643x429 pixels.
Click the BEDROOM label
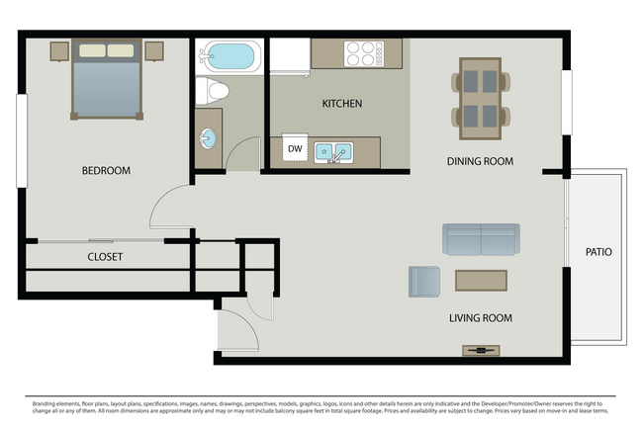pos(106,170)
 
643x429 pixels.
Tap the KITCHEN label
pos(342,103)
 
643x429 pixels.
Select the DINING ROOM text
pos(480,161)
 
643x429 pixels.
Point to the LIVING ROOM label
pos(480,317)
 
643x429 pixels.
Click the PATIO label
pos(598,252)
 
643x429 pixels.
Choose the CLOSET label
pos(105,257)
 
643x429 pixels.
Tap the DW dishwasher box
pos(294,149)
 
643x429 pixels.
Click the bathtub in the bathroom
pos(229,54)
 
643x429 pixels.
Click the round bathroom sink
pos(209,137)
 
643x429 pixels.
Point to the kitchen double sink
pos(333,152)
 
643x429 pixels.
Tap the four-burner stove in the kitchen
pos(362,52)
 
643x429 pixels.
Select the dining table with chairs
pos(481,98)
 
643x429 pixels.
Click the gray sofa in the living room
pos(481,239)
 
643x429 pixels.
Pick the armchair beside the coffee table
pos(424,281)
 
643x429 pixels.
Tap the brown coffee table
pos(481,280)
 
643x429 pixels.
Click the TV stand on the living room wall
pos(481,350)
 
